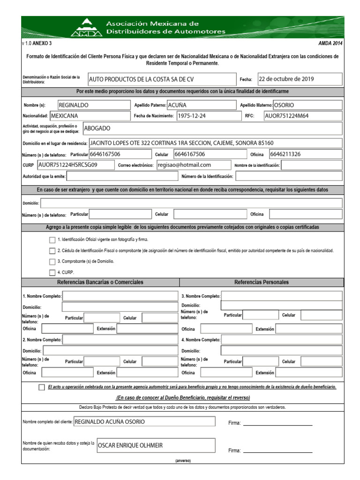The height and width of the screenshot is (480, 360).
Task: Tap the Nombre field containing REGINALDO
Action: (92, 105)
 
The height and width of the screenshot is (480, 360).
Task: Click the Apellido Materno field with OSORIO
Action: (307, 105)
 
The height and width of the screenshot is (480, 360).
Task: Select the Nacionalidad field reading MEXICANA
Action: (89, 115)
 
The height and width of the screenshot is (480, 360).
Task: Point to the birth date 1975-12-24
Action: (207, 116)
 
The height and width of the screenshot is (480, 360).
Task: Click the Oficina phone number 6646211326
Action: (305, 154)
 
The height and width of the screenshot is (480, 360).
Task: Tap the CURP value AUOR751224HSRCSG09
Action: (75, 165)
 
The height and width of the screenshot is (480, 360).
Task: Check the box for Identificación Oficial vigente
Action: (52, 240)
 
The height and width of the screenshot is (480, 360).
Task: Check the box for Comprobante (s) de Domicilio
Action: (52, 262)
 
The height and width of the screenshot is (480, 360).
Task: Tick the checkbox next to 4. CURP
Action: (52, 272)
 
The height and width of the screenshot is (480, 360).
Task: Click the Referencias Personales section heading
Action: (261, 282)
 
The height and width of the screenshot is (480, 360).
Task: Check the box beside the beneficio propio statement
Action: (42, 387)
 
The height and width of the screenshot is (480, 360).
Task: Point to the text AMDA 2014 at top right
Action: (330, 43)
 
